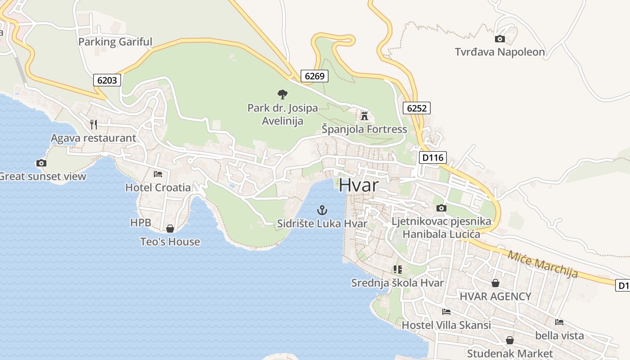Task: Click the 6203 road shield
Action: click(x=107, y=81)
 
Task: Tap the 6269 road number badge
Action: click(x=314, y=76)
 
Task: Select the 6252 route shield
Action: click(x=416, y=108)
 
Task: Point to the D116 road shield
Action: click(x=432, y=157)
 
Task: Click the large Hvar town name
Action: click(x=359, y=185)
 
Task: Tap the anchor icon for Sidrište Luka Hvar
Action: click(x=322, y=210)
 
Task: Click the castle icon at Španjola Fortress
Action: click(x=364, y=116)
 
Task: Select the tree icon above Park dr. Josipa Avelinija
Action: click(x=282, y=94)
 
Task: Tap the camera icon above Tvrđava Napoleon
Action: click(x=499, y=39)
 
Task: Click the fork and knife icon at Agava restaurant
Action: click(x=94, y=124)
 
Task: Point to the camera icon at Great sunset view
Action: click(x=41, y=163)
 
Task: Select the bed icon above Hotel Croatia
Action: click(x=157, y=174)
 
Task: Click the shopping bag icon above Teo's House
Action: click(x=170, y=229)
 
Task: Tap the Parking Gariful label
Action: click(x=115, y=42)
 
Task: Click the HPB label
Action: click(x=140, y=222)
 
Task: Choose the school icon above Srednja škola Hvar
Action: click(x=397, y=270)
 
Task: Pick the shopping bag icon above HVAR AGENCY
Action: click(x=495, y=283)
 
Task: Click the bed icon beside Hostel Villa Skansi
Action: click(x=446, y=311)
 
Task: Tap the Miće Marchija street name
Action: click(x=542, y=264)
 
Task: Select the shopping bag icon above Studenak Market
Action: click(x=509, y=340)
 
